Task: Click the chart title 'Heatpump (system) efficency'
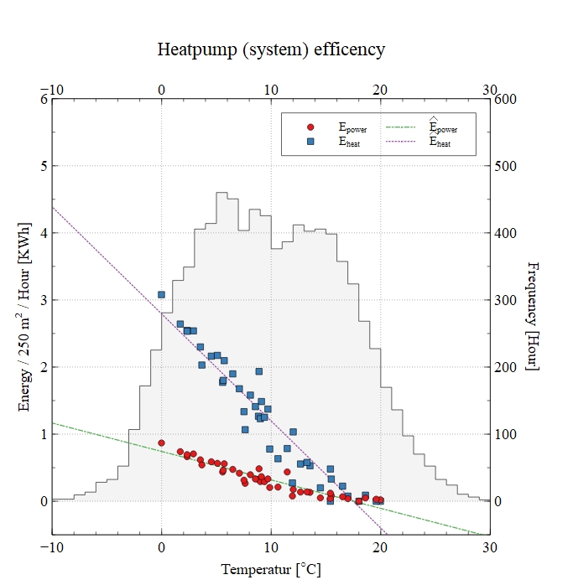(271, 49)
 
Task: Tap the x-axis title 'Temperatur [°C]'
(270, 570)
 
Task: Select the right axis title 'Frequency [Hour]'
(532, 318)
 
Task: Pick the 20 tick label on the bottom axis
(380, 547)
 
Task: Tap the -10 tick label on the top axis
(51, 90)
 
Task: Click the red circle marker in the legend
(310, 127)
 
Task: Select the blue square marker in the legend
(310, 142)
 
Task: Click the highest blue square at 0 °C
(161, 294)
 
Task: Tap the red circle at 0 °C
(161, 443)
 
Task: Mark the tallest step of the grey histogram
(222, 193)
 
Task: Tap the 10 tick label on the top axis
(271, 90)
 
